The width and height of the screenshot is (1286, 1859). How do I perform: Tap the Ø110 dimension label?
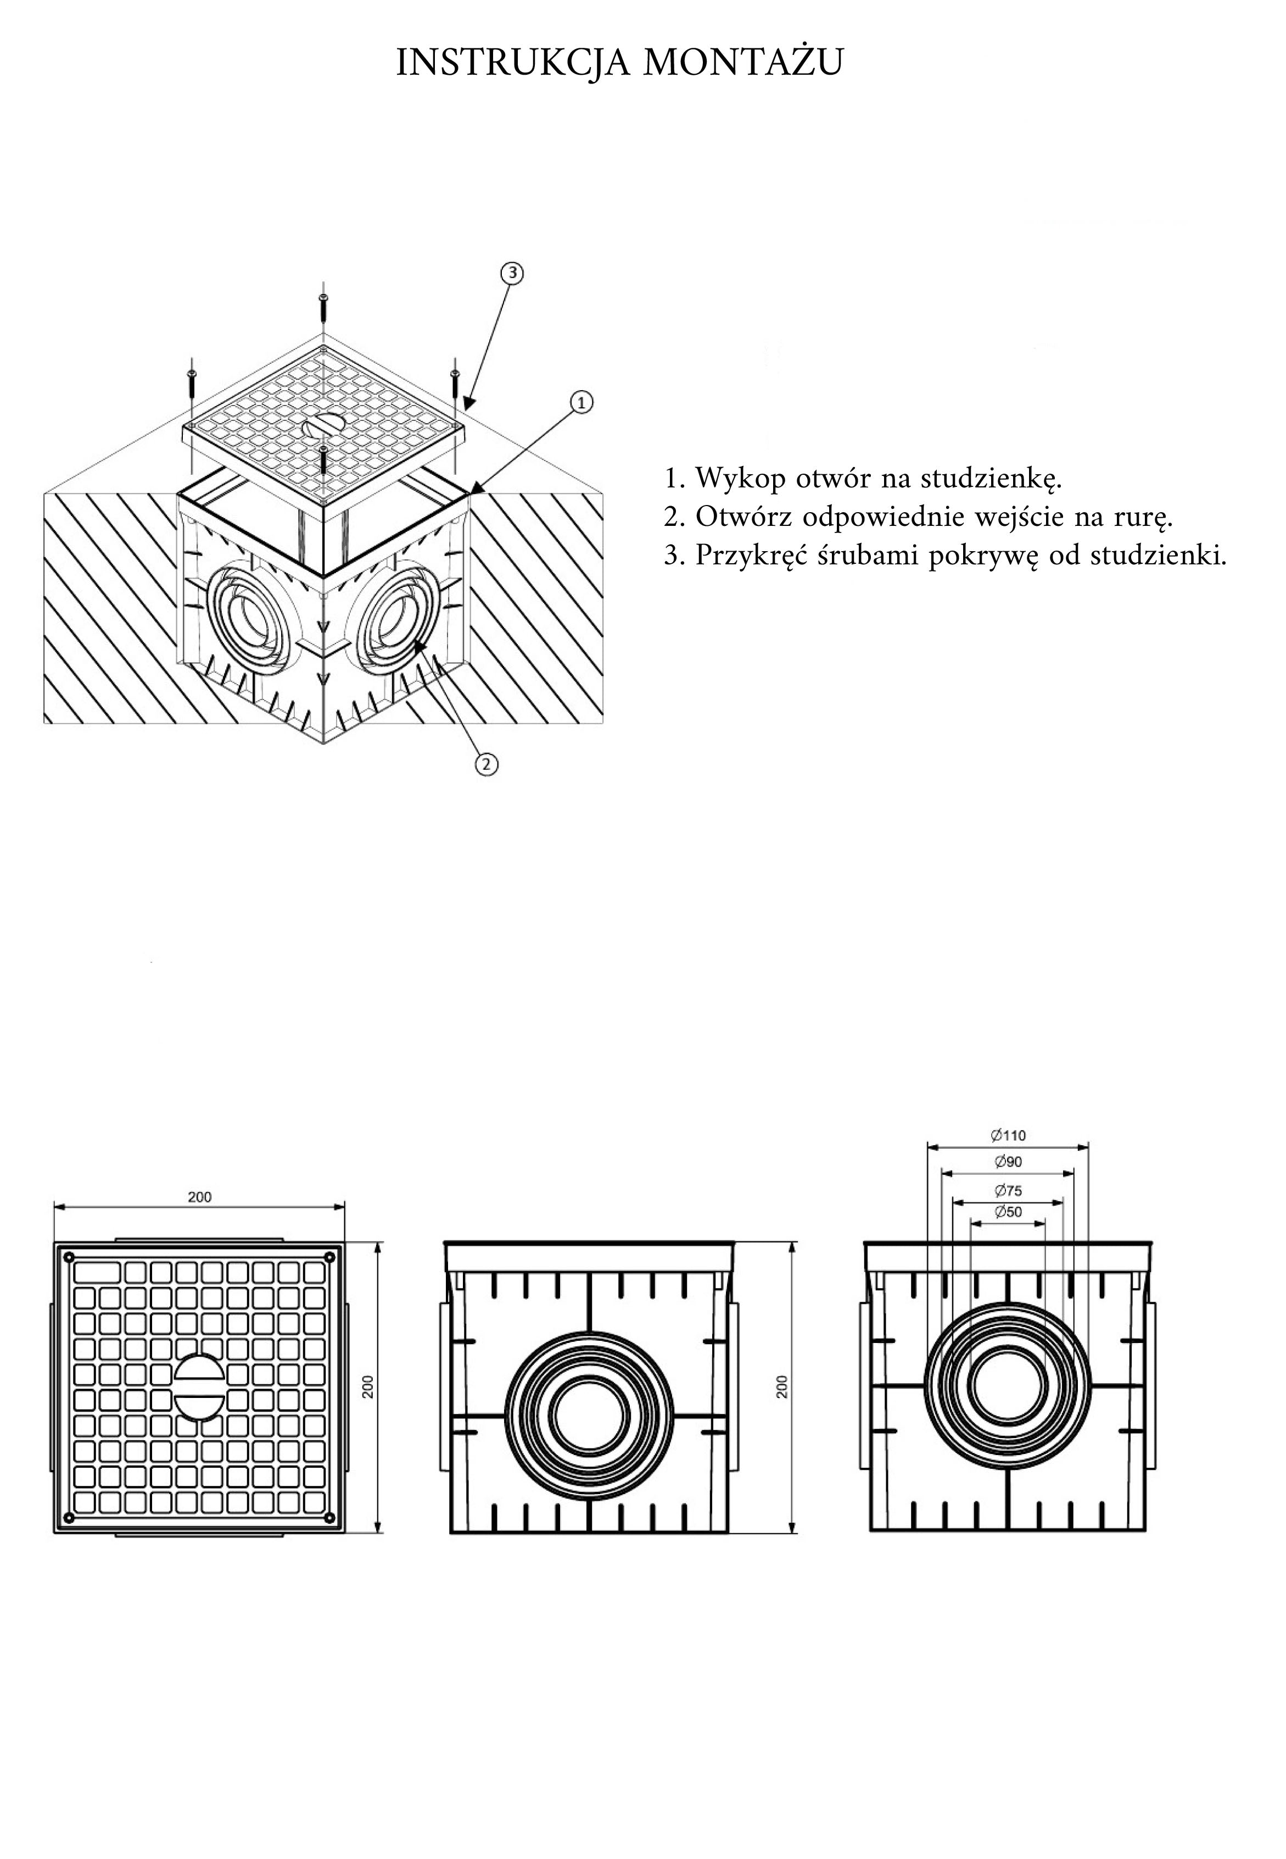tap(1008, 1136)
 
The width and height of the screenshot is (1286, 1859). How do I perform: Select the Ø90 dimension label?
tap(1008, 1162)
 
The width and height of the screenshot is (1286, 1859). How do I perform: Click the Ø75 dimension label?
tap(1008, 1190)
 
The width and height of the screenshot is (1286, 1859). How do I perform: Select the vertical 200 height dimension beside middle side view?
tap(781, 1386)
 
